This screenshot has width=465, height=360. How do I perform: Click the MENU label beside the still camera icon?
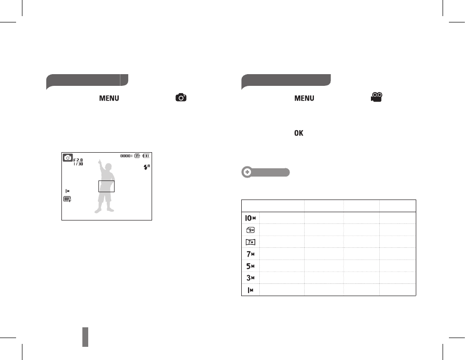pos(109,98)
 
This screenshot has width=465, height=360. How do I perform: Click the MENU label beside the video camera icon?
pos(304,98)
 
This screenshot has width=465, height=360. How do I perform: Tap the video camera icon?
pos(377,97)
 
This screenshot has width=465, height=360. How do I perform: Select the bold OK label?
pos(299,133)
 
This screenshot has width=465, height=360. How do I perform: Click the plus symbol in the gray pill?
pos(247,172)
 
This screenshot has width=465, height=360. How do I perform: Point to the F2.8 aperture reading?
pos(78,160)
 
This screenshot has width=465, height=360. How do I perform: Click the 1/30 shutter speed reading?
pos(78,164)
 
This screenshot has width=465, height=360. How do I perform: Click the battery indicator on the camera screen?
pos(146,156)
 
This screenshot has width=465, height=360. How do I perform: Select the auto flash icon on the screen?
pos(147,167)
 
